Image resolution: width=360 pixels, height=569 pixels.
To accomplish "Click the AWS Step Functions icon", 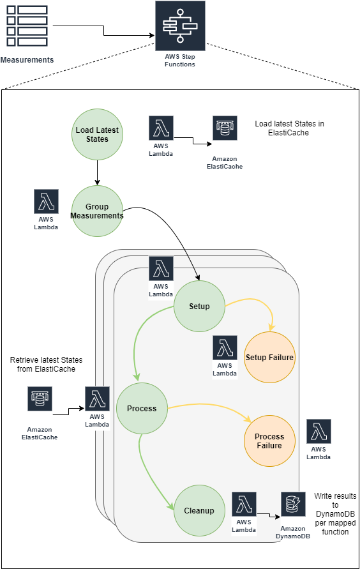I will [x=179, y=26].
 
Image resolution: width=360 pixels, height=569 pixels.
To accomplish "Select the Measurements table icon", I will [x=27, y=26].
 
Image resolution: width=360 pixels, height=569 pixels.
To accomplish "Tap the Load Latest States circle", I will [x=97, y=135].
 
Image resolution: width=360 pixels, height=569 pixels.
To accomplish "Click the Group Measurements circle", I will [x=97, y=211].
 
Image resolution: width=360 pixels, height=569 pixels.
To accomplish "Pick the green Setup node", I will [x=199, y=306].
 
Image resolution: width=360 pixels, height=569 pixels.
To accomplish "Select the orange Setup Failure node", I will [x=269, y=358].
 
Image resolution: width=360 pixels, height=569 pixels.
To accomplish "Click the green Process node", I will [x=142, y=409].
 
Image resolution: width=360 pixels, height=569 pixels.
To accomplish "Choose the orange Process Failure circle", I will [x=269, y=441].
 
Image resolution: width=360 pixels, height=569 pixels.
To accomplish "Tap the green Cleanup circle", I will [x=199, y=510].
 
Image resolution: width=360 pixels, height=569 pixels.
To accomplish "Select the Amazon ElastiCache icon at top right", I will [x=225, y=128].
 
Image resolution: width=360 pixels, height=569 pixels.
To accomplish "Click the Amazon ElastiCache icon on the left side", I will [x=40, y=399].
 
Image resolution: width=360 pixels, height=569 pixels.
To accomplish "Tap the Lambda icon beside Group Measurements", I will [x=46, y=202].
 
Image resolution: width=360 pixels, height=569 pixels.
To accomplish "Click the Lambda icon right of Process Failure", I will [x=319, y=432].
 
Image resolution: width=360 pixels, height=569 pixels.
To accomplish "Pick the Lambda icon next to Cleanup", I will [x=244, y=505].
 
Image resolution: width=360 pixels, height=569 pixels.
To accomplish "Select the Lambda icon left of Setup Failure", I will [x=225, y=348].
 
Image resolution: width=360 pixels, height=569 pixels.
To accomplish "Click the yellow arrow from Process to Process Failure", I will [x=204, y=406].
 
